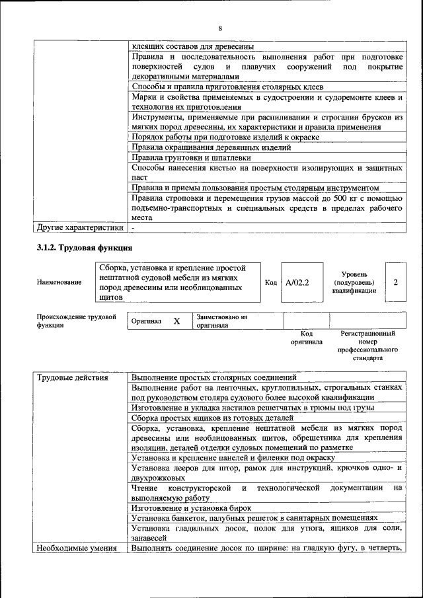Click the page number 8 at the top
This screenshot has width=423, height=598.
pyautogui.click(x=219, y=28)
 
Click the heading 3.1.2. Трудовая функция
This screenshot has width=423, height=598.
pyautogui.click(x=84, y=248)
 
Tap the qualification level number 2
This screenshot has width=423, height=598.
pyautogui.click(x=395, y=282)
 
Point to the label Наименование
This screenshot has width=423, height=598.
pyautogui.click(x=59, y=283)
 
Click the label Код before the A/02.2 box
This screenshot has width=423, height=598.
pyautogui.click(x=270, y=282)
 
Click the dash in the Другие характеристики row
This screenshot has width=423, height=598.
pyautogui.click(x=133, y=229)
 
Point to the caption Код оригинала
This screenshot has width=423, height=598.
pyautogui.click(x=306, y=338)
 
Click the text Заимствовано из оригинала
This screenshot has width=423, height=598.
pyautogui.click(x=221, y=321)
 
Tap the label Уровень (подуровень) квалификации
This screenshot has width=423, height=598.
pyautogui.click(x=355, y=282)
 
